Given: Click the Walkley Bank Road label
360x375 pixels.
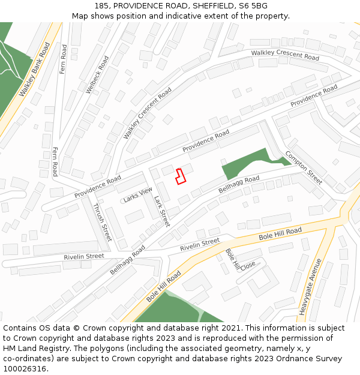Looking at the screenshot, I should [34, 70].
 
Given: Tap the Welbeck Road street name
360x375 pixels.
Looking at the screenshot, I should [97, 74].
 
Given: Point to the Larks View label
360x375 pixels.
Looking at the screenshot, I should [138, 194].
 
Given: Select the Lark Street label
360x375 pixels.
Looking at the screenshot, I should [161, 211].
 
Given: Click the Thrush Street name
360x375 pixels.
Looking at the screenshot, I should [102, 222].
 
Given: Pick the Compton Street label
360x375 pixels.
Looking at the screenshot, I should [304, 167].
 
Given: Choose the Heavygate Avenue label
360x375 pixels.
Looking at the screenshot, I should [310, 286].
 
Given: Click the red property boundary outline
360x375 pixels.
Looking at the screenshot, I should [180, 176].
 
